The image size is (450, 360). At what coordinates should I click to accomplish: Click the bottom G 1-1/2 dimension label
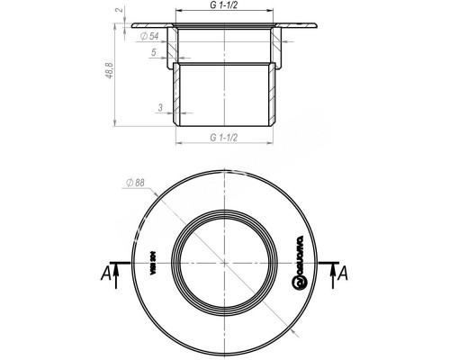223,138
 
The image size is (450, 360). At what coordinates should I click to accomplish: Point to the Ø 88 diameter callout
135,184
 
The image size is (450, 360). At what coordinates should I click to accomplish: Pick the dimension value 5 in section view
153,52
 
